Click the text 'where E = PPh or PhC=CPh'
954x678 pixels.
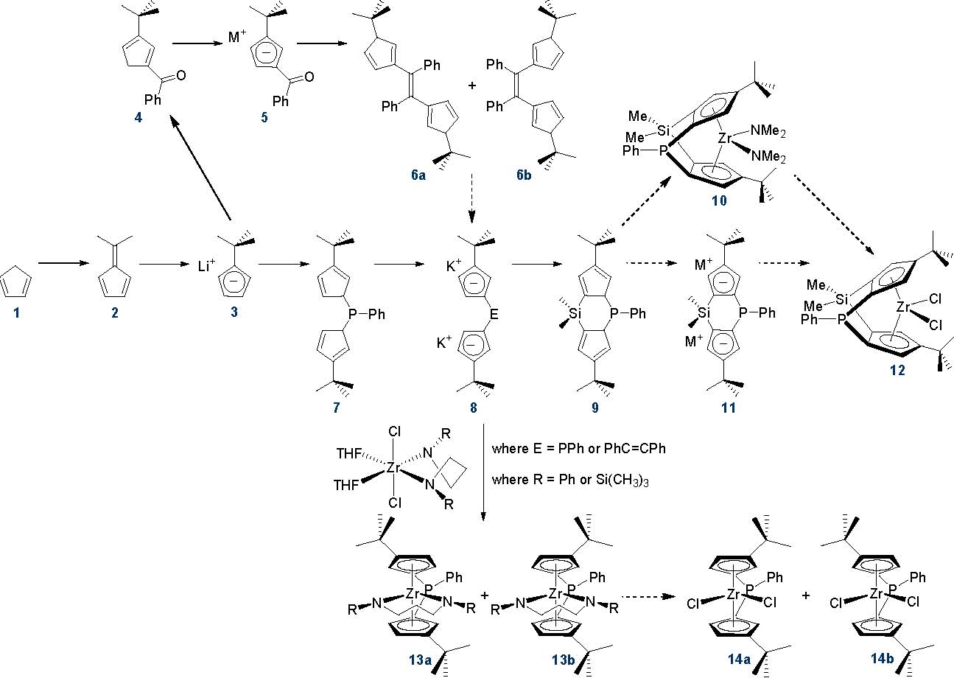point(578,448)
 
